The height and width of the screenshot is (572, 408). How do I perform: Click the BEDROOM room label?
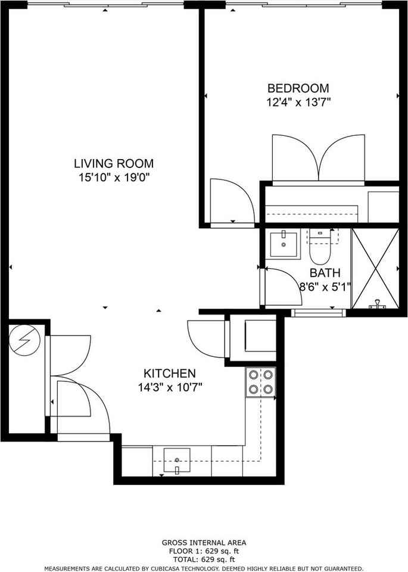pos(298,89)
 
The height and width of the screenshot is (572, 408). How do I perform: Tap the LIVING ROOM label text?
pos(114,163)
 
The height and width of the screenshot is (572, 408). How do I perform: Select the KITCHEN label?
pos(170,374)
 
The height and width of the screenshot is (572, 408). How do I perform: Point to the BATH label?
pos(325,273)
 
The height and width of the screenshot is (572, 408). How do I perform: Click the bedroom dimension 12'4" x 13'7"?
pos(298,102)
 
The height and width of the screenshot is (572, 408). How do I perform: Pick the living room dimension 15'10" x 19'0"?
pos(114,177)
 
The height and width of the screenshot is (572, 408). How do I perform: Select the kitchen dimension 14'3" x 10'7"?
pos(170,387)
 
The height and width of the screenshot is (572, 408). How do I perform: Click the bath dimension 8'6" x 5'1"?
pos(325,287)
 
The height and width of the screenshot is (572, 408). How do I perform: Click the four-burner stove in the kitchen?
pos(261,382)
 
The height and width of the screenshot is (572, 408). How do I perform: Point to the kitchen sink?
pos(177,461)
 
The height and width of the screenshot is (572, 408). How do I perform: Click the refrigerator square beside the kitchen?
pos(260,337)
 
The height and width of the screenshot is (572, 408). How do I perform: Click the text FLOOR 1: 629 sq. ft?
pos(204,551)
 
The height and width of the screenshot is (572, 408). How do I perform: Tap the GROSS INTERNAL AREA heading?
pos(204,543)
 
